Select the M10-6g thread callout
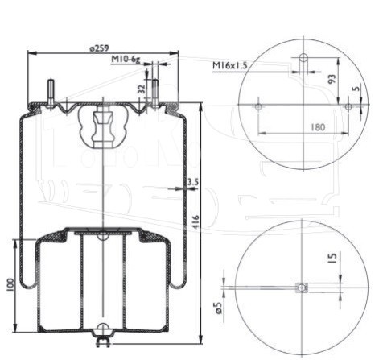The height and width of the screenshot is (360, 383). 126,60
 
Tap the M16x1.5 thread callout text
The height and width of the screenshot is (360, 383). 229,65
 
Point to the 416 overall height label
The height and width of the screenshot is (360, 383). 196,222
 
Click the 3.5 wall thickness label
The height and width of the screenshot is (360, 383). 193,182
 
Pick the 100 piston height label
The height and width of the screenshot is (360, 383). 10,285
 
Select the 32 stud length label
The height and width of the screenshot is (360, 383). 142,89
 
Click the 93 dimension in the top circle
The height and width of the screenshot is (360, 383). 332,79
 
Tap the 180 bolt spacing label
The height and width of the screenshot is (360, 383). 318,126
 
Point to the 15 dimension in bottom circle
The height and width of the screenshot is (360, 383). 332,258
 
